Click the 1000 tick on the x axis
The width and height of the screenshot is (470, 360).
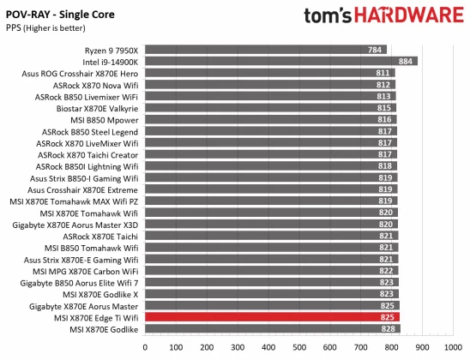click(x=452, y=349)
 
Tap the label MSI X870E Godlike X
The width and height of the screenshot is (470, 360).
click(x=97, y=294)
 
